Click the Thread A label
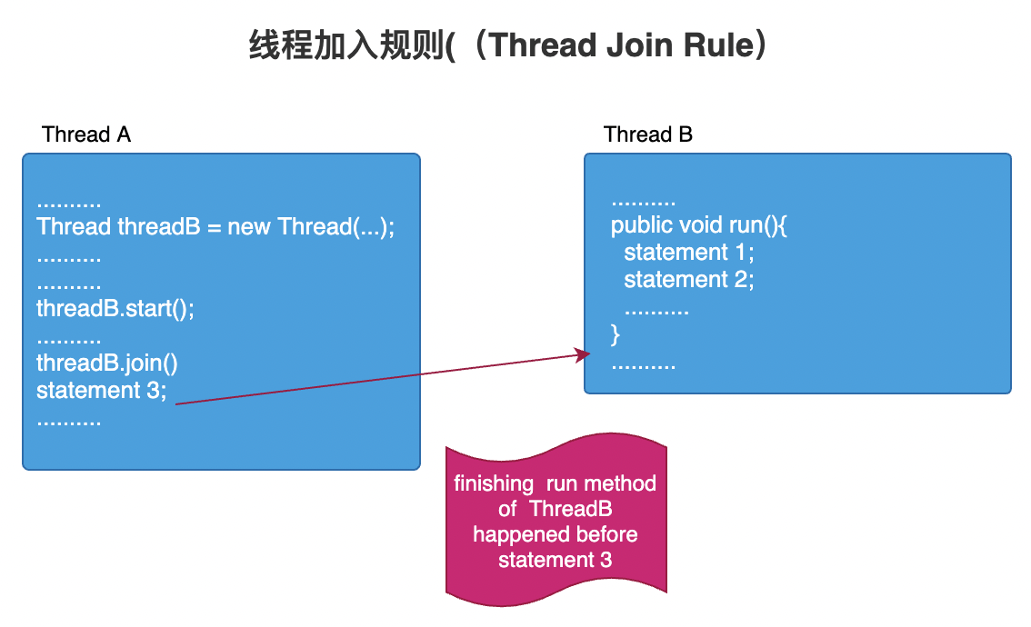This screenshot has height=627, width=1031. (86, 134)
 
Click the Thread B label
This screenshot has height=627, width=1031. (648, 134)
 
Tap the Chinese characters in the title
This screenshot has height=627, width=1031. (350, 45)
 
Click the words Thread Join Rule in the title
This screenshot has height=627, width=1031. (617, 45)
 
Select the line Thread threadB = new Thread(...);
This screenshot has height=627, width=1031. (215, 226)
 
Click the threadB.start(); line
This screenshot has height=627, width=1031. (115, 308)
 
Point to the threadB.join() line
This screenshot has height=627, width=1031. (107, 363)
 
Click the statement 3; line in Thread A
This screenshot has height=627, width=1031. (102, 391)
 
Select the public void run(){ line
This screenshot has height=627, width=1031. (698, 224)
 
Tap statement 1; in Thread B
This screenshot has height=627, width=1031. (689, 252)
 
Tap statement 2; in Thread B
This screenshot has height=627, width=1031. (689, 279)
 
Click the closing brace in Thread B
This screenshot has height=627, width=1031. (616, 334)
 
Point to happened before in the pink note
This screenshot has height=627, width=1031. (555, 534)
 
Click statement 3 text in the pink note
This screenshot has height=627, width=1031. (555, 560)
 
